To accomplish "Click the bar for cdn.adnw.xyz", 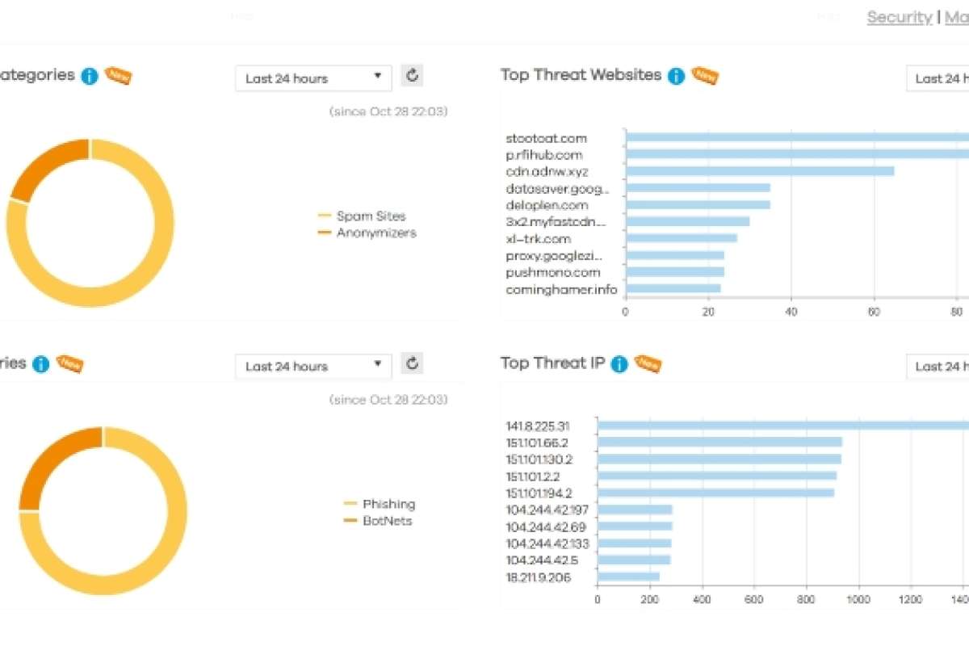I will click(x=759, y=171).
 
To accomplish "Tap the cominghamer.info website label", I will click(x=561, y=289).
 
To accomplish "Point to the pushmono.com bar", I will click(x=675, y=272).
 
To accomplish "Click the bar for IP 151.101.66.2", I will click(x=719, y=443).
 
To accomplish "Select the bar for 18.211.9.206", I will click(x=628, y=577).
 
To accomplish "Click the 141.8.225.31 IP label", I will click(x=538, y=426).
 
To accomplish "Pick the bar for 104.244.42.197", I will click(x=635, y=510).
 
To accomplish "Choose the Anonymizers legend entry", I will click(x=376, y=233).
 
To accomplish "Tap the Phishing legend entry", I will click(x=388, y=504).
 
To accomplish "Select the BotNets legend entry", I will click(x=387, y=521).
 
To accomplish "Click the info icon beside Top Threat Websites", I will click(x=677, y=76).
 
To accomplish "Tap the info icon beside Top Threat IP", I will click(x=619, y=364).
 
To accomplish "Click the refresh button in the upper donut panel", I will click(x=413, y=76).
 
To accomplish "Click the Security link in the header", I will click(x=899, y=17).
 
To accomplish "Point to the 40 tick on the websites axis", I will click(x=791, y=311).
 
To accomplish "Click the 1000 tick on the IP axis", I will click(x=858, y=599).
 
